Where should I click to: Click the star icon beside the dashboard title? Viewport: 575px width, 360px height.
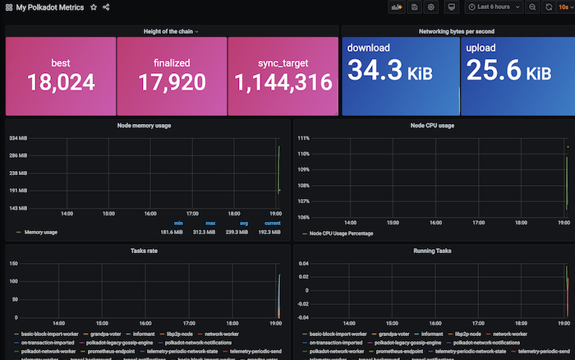coord(94,7)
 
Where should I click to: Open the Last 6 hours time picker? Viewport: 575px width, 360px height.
coord(494,7)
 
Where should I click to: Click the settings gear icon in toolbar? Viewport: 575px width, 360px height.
coord(430,7)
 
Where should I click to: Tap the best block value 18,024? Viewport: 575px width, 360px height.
coord(61,82)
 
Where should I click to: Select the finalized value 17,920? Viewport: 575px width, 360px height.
coord(171,82)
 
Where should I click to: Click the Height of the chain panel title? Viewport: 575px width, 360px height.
coord(170,31)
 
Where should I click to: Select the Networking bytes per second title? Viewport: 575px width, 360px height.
coord(456,31)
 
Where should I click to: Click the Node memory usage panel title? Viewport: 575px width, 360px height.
coord(148,126)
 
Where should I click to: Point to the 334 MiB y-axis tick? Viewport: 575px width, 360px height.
coord(18,138)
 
